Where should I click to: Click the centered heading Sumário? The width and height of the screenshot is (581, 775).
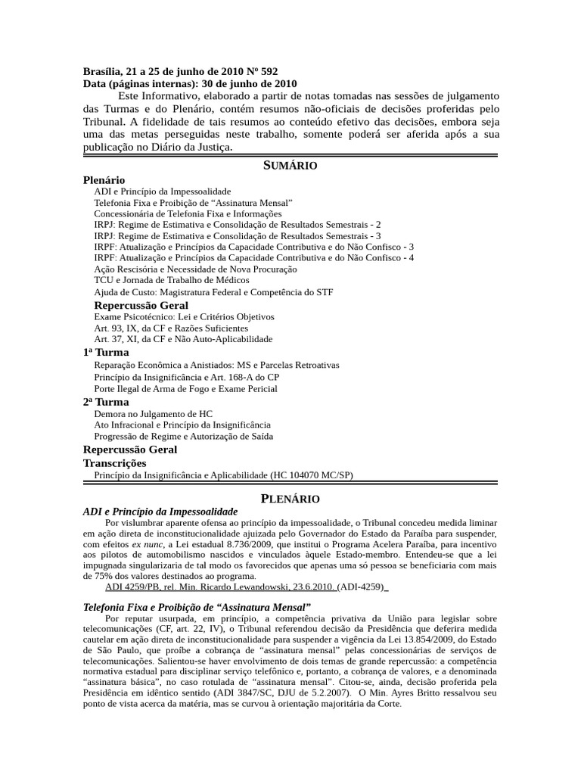290,166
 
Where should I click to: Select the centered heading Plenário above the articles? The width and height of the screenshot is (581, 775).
290,499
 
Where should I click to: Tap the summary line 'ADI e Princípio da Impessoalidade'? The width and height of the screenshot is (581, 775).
162,192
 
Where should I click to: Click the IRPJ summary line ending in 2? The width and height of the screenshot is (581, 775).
238,225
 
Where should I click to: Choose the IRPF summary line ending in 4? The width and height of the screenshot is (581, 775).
253,258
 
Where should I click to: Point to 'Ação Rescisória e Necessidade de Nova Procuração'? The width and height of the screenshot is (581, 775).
195,269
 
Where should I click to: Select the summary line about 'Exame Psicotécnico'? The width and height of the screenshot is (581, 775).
184,317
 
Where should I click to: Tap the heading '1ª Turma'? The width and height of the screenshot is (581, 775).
106,353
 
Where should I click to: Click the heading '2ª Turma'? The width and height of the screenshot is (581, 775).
106,402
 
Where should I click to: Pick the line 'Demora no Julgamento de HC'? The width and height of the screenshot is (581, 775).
153,414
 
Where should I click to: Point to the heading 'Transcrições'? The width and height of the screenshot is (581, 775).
114,462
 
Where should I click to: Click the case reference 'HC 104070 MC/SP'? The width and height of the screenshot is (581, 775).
310,475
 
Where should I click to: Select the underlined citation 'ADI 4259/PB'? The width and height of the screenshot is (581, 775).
131,586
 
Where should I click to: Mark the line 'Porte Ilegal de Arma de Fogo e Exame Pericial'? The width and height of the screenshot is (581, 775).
185,389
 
